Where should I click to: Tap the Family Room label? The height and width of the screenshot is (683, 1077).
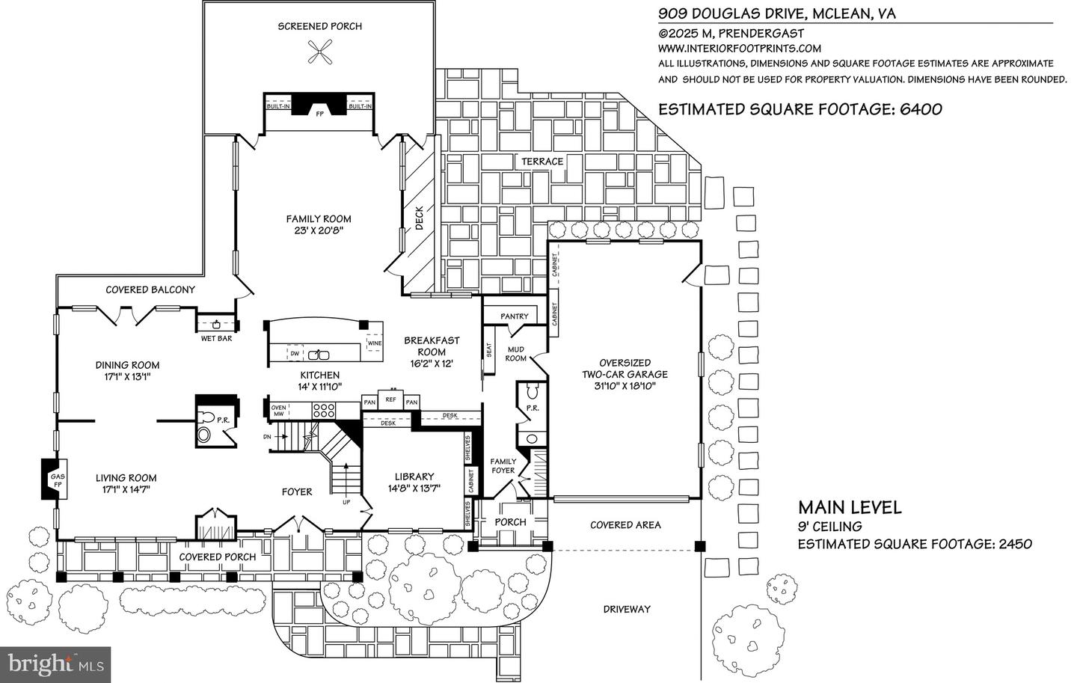coord(319,219)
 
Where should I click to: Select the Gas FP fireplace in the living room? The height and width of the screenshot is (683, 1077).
coord(55,480)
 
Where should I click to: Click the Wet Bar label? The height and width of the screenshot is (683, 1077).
coord(217,339)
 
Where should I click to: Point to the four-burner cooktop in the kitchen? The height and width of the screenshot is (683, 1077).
coord(324,410)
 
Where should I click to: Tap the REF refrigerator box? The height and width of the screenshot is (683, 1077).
coord(390,400)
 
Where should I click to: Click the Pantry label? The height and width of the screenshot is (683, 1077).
coord(515,316)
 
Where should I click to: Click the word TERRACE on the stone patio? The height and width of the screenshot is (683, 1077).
coord(542,162)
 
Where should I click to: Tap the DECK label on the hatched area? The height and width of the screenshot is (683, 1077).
coord(419,218)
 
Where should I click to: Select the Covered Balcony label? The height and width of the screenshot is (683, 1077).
coord(150,290)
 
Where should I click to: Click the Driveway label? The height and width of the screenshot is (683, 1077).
coord(627,609)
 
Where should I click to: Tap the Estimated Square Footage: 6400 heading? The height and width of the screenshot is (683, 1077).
coord(800,109)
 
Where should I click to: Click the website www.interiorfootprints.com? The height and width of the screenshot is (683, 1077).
coord(729,48)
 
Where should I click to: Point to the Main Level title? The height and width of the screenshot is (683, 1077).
coord(849,507)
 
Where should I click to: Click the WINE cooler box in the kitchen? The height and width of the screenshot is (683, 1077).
coord(374,343)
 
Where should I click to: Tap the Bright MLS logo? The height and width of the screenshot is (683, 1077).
coord(55,663)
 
